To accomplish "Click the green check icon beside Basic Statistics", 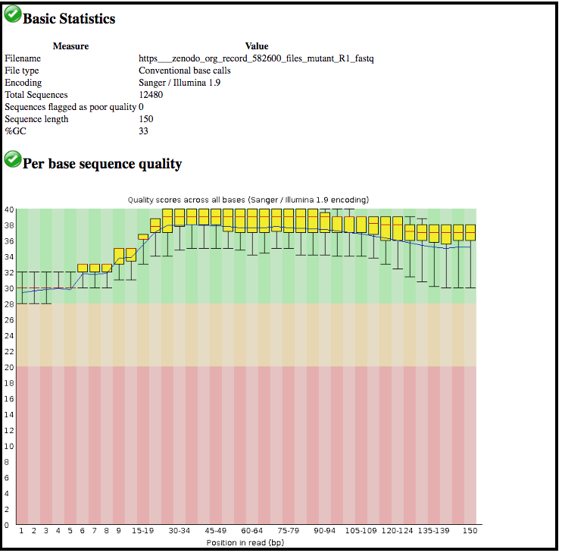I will pyautogui.click(x=12, y=14).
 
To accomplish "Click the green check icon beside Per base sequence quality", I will pyautogui.click(x=12, y=159).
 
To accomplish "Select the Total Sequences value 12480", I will pyautogui.click(x=151, y=95).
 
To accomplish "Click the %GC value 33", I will pyautogui.click(x=144, y=131).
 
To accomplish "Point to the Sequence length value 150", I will pyautogui.click(x=146, y=119).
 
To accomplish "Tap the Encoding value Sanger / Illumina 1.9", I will pyautogui.click(x=180, y=83).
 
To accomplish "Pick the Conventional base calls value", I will pyautogui.click(x=185, y=71).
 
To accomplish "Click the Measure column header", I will pyautogui.click(x=70, y=46).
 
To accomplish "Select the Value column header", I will pyautogui.click(x=257, y=46).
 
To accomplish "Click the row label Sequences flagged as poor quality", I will pyautogui.click(x=70, y=107).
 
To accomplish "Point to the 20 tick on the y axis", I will pyautogui.click(x=9, y=367).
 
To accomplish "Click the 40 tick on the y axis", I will pyautogui.click(x=9, y=209).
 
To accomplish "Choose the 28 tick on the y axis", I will pyautogui.click(x=9, y=304).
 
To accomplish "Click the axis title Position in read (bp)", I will pyautogui.click(x=245, y=542).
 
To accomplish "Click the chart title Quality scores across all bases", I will pyautogui.click(x=248, y=200).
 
